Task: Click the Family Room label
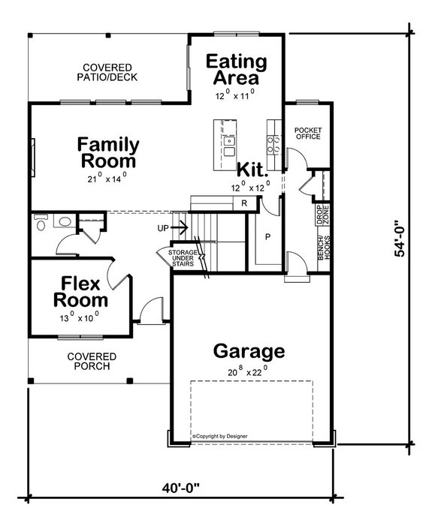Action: tap(108, 152)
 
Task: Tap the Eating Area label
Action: tap(237, 69)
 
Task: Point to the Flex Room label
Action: tap(80, 292)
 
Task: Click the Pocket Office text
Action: tap(308, 133)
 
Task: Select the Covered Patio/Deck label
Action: tap(110, 71)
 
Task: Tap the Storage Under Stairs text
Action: tap(182, 259)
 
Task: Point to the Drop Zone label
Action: tap(319, 215)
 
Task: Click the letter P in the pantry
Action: tap(266, 237)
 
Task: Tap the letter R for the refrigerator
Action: tap(243, 203)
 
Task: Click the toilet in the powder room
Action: tap(41, 221)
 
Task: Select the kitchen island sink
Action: tap(228, 140)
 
